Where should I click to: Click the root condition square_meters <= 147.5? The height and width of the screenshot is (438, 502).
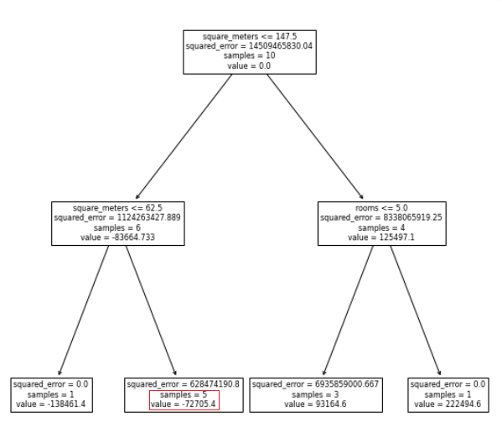[250, 37]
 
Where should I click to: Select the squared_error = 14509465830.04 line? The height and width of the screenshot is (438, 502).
[249, 46]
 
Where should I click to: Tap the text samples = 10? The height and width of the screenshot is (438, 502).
[250, 55]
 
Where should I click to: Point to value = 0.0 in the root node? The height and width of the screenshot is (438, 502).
[249, 66]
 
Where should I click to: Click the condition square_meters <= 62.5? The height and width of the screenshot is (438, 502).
[117, 208]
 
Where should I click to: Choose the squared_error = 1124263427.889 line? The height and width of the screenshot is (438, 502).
[117, 217]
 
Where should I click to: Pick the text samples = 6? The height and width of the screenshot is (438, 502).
[117, 228]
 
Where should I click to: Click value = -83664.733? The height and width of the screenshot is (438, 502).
[117, 237]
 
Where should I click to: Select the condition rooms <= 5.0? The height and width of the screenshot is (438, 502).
[381, 208]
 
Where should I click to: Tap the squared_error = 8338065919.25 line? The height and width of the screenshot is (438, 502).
[381, 217]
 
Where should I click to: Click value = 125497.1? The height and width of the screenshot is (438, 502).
[381, 237]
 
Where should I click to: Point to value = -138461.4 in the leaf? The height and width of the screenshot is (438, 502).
[50, 404]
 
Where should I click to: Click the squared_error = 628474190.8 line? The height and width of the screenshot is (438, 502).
[184, 384]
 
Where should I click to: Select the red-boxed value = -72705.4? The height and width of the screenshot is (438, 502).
[184, 404]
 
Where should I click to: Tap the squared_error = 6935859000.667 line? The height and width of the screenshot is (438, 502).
[315, 384]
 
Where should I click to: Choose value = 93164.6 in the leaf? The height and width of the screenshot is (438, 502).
[315, 404]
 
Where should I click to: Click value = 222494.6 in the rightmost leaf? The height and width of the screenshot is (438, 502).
[448, 404]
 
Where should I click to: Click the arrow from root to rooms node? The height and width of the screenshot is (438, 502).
[315, 137]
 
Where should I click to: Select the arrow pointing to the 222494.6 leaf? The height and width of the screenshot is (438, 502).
[416, 310]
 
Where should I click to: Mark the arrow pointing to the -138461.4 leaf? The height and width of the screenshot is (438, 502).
[84, 310]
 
